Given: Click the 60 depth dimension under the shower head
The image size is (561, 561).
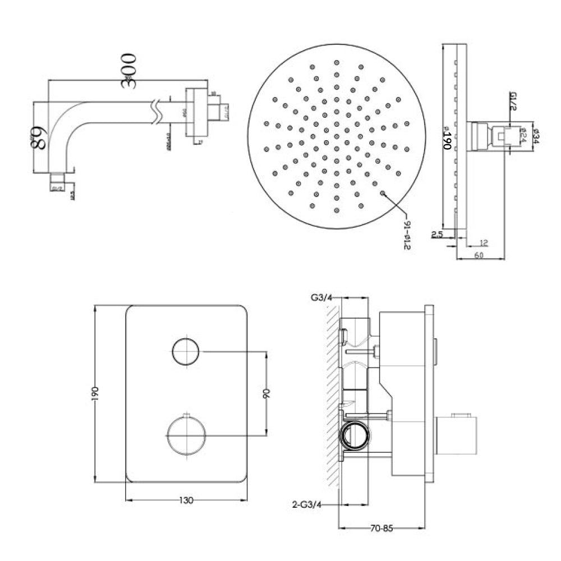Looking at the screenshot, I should click(x=480, y=256).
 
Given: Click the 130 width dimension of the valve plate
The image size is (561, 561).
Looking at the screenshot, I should click(x=186, y=500).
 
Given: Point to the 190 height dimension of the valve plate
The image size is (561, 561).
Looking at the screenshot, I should click(x=96, y=393).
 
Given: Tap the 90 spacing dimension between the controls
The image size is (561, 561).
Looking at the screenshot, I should click(x=266, y=393).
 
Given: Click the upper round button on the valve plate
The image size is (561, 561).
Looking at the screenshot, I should click(x=185, y=352).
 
